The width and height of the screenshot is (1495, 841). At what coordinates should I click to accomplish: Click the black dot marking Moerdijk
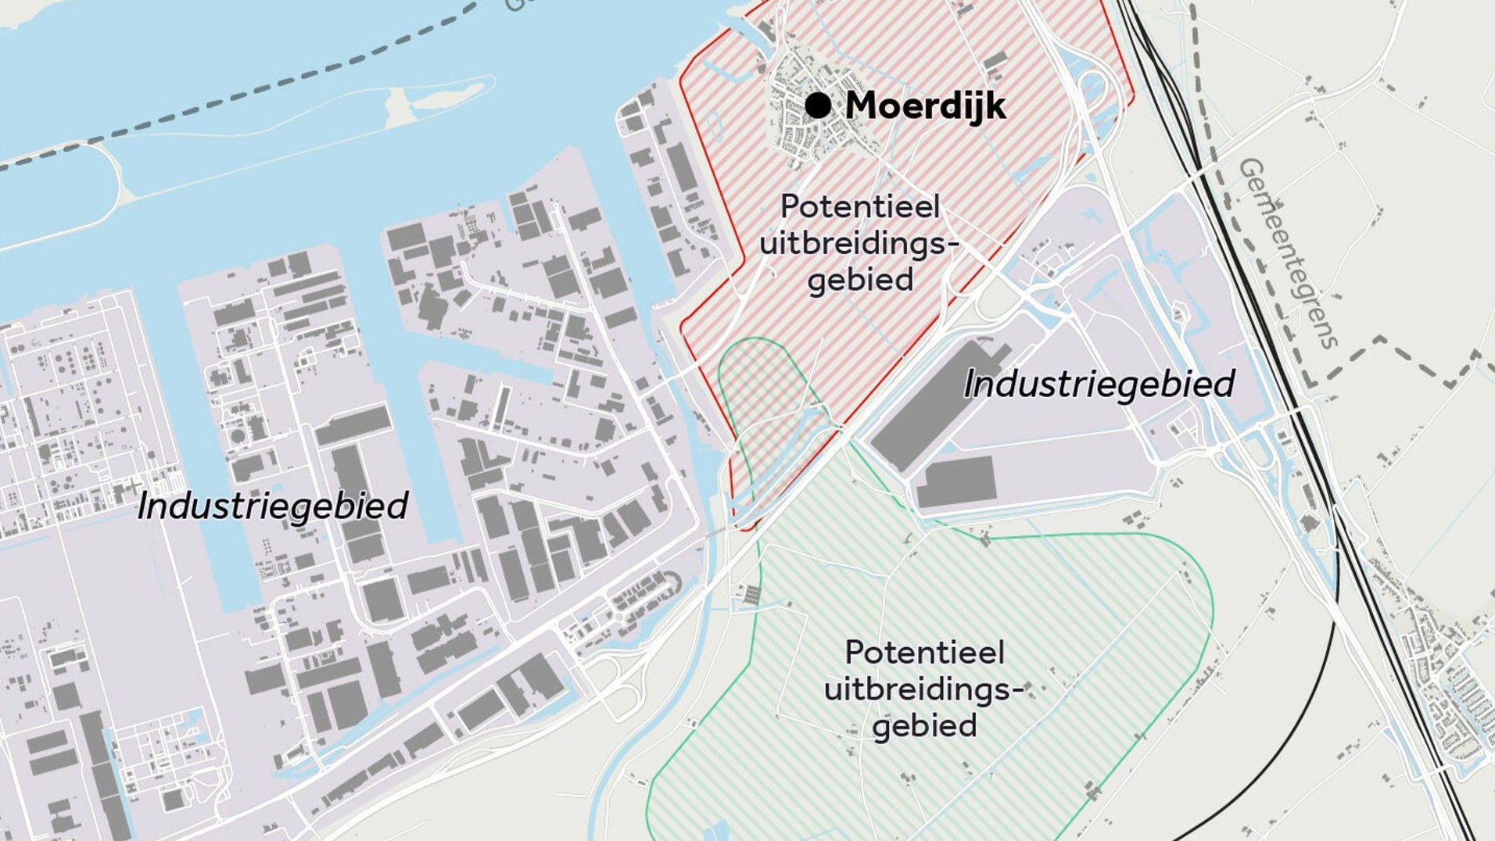(818, 105)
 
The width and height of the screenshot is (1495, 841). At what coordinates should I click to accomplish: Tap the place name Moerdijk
(925, 106)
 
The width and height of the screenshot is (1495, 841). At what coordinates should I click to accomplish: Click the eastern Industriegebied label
(1099, 385)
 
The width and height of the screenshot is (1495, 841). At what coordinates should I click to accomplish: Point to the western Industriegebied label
(272, 506)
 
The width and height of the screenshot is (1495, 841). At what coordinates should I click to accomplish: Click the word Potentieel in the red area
(860, 207)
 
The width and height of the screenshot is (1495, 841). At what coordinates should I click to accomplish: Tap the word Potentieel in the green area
(925, 653)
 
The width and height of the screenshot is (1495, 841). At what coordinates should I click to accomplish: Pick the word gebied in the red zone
(860, 280)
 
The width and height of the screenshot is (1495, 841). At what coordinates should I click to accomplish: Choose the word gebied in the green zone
(925, 725)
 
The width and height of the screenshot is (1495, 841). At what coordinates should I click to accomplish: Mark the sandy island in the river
(438, 98)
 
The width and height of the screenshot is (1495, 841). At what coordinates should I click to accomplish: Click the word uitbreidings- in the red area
(859, 244)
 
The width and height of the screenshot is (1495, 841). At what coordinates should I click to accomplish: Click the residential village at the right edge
(1447, 688)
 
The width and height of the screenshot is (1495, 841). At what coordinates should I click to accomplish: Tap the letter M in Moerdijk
(863, 106)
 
